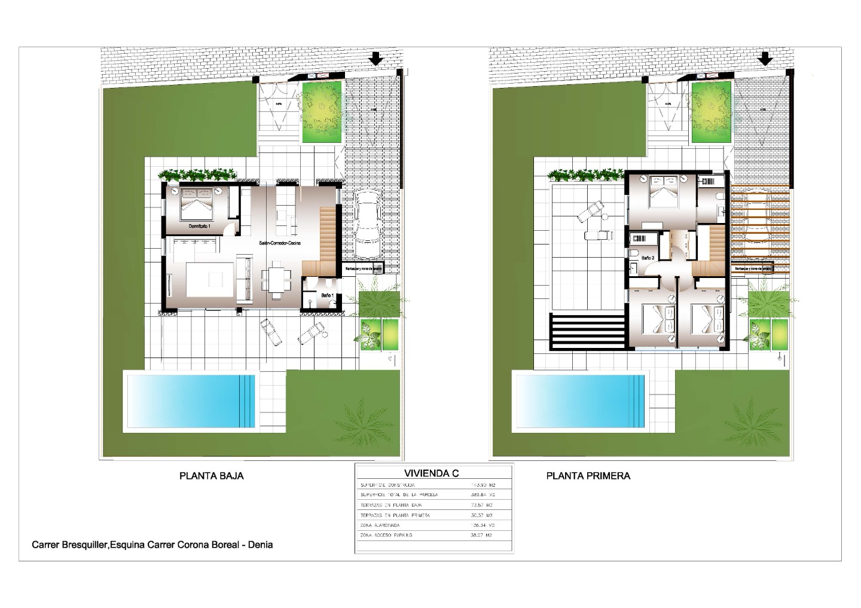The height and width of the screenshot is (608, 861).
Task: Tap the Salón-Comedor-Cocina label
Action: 279,243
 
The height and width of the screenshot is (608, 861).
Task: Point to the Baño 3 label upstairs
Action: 648,258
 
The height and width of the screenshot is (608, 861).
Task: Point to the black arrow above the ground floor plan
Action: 375,59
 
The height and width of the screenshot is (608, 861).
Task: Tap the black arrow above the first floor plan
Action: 764,59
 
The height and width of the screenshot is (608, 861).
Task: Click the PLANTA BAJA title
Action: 212,476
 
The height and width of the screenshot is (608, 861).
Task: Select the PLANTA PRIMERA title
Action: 588,476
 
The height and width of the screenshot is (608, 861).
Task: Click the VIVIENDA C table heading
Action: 431,473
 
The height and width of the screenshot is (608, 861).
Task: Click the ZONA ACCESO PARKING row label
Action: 386,535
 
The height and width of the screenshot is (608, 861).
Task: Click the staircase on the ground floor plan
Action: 328,234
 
